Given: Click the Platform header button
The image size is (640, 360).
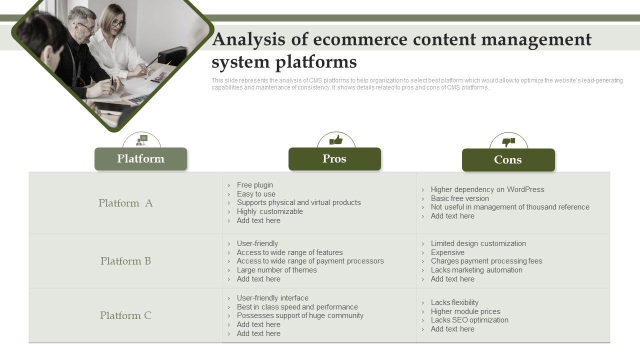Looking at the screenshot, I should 140,159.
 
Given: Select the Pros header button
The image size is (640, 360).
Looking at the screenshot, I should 334,159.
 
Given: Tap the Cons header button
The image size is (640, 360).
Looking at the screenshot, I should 508,160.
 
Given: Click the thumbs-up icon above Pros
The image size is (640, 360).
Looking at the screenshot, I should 336,140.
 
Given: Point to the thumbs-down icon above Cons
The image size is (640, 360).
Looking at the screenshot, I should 508,142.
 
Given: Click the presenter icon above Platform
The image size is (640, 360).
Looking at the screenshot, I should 142,140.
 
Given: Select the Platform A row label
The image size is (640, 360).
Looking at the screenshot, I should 125,203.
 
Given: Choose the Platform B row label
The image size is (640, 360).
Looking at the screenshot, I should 125,261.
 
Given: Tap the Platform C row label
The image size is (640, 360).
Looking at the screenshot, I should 125,315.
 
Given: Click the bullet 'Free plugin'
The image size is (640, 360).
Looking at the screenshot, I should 255,185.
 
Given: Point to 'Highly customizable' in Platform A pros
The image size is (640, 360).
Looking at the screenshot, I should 270,211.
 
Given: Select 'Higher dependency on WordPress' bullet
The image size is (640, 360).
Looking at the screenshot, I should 487,189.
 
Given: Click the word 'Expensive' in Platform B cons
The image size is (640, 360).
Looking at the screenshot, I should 447,252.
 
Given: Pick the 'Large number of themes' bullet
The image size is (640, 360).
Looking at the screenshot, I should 277,270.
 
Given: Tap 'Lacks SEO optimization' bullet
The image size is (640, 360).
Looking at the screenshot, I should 469,320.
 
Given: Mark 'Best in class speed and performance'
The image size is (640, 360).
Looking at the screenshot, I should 297,307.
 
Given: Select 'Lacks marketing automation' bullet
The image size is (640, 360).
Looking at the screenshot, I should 476,270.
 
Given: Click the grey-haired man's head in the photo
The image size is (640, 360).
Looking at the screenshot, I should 82,20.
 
